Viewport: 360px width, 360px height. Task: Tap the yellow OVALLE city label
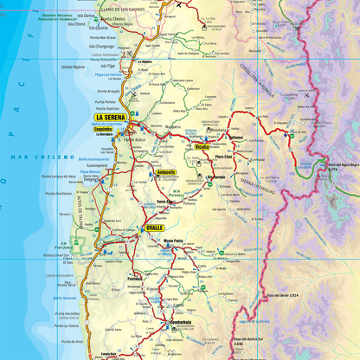[155, 228]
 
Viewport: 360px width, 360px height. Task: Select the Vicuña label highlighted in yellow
[202, 148]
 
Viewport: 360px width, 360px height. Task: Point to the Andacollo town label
[166, 173]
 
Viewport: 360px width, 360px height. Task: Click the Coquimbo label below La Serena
[104, 128]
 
